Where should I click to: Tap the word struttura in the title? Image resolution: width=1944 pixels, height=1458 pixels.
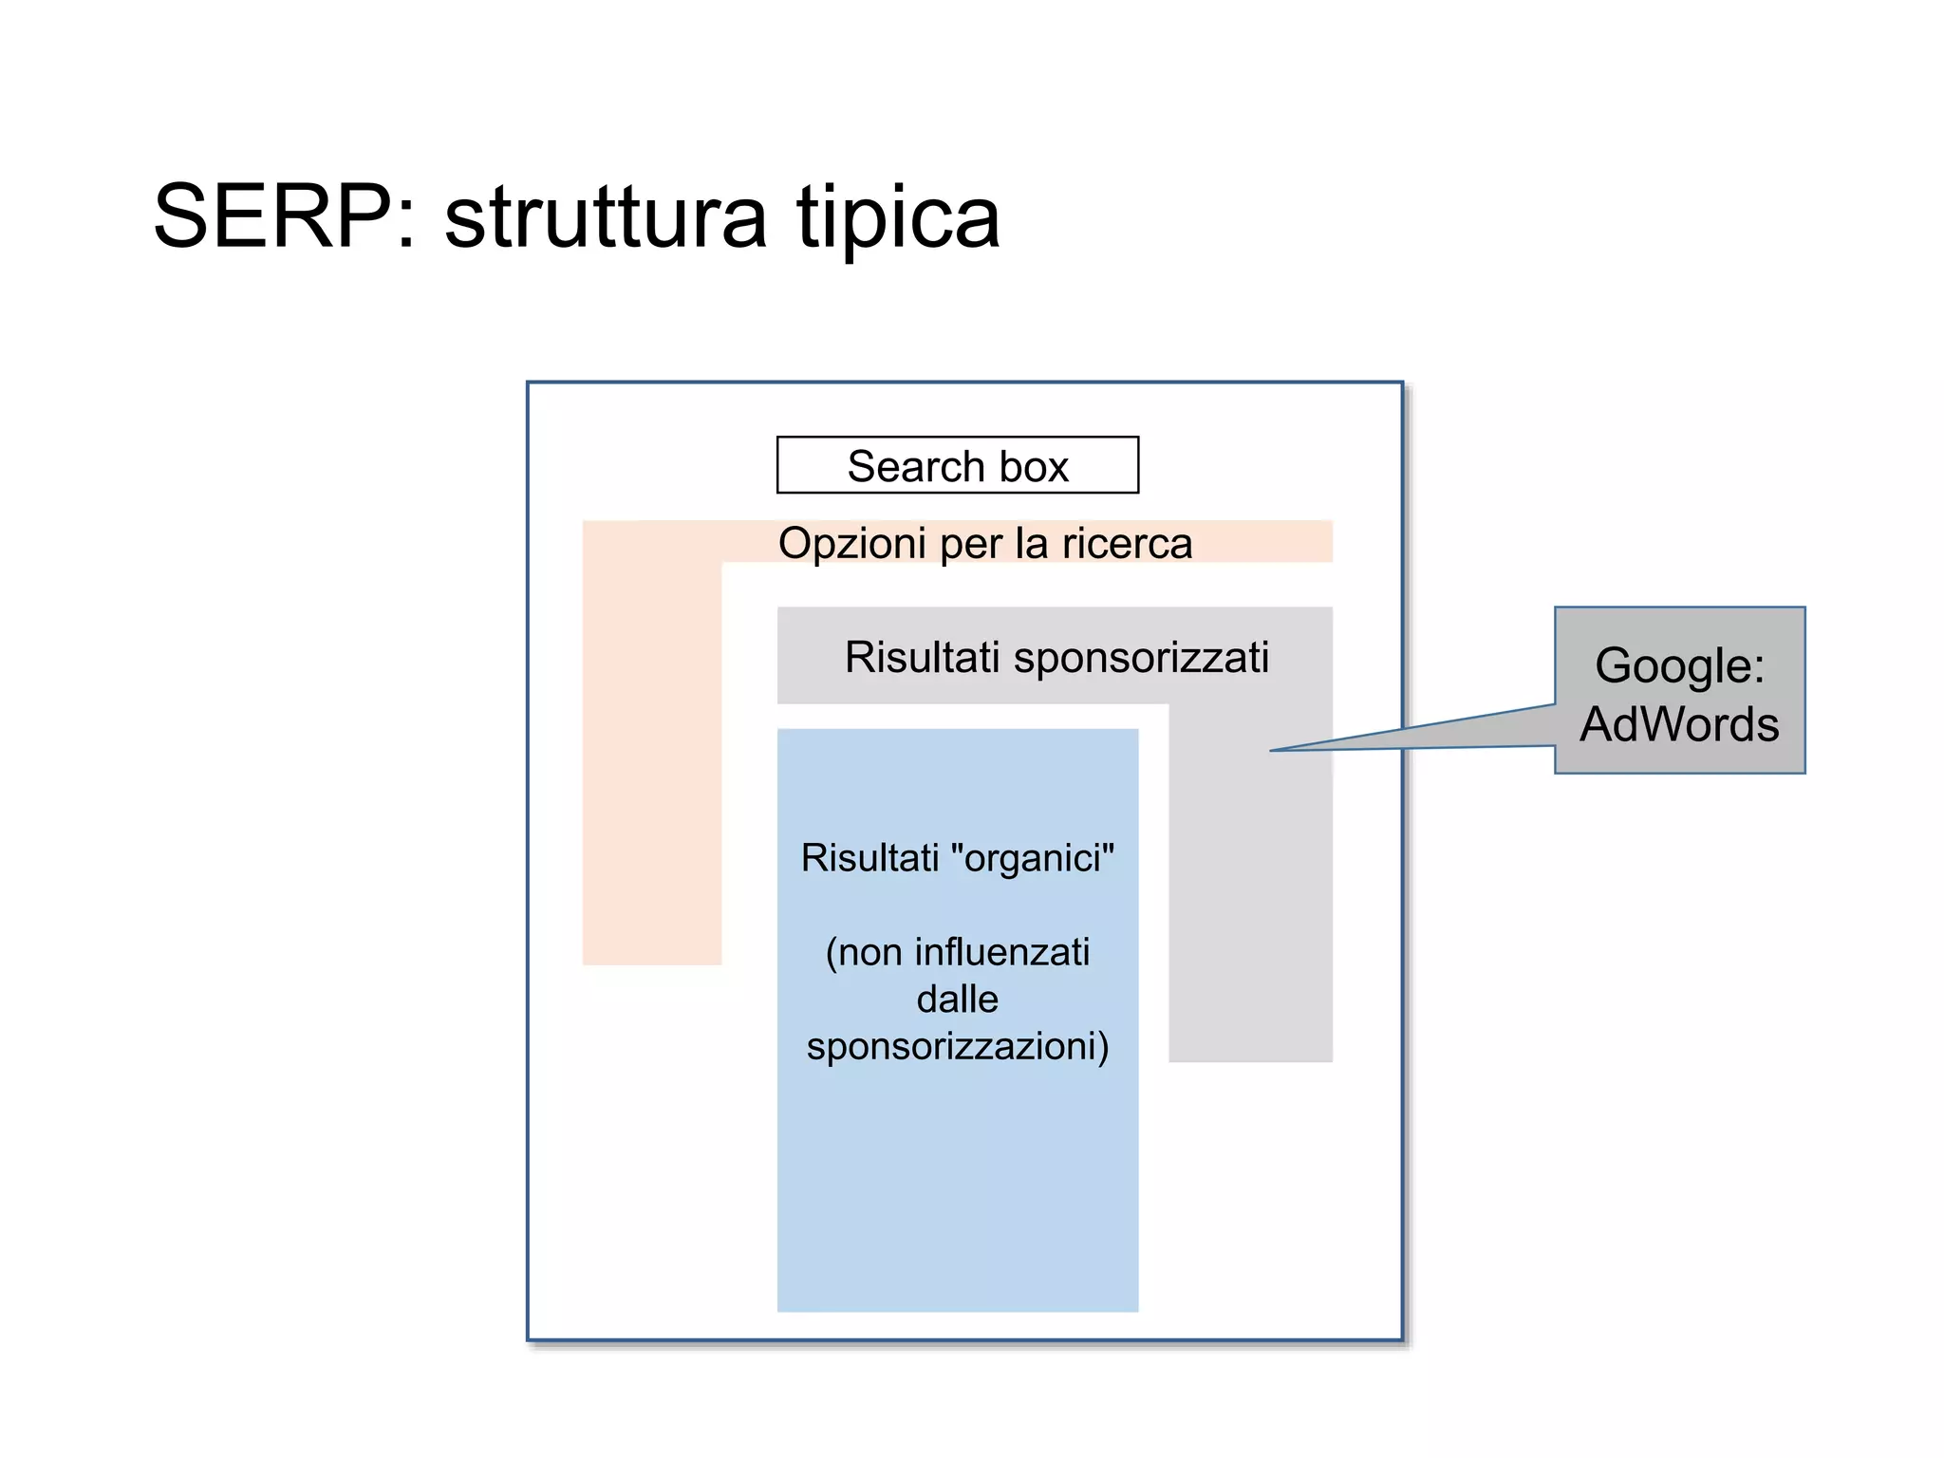(x=605, y=218)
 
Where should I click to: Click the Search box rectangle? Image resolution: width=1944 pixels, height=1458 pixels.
(x=957, y=465)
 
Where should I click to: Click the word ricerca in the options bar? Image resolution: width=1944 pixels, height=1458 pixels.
(x=1127, y=544)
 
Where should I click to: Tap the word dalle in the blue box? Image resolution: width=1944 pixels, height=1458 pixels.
(x=957, y=1000)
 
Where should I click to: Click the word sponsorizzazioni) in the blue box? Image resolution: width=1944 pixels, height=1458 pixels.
(x=957, y=1047)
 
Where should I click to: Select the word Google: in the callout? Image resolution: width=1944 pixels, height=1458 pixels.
(x=1679, y=664)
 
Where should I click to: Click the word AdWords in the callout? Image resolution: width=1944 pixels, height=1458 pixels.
(x=1679, y=723)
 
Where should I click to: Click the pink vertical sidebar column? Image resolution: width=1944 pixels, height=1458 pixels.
(x=652, y=759)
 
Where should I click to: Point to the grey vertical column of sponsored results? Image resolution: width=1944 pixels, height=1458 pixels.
(x=1250, y=902)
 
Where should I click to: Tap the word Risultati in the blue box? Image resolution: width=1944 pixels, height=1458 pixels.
(x=869, y=858)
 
